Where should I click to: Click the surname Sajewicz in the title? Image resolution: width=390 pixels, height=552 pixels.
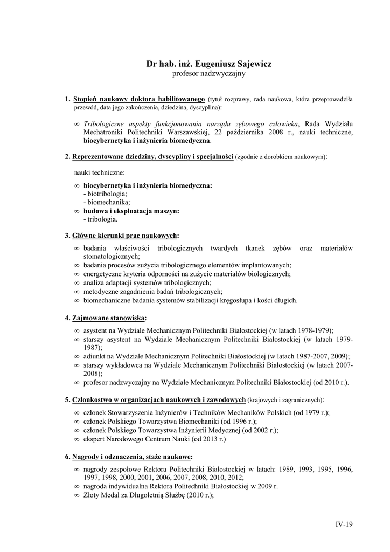point(251,64)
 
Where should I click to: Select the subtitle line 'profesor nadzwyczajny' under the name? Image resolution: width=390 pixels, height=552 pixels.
point(208,73)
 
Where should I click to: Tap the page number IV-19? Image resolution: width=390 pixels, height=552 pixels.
point(343,523)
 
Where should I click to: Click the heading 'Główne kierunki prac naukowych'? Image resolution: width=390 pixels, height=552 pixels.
point(125,236)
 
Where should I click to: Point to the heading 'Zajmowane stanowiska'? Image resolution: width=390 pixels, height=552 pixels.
point(108,318)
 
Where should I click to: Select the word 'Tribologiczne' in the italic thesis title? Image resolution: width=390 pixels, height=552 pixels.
point(108,123)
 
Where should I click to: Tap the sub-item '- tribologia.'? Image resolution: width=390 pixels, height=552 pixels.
point(100,219)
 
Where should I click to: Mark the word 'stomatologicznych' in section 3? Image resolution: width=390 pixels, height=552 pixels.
point(111,257)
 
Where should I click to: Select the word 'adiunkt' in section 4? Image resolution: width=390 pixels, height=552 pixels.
point(95,356)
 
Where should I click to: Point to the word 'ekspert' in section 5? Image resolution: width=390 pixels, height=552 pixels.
point(94,439)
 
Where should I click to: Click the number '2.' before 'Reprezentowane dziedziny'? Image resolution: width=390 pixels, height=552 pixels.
point(68,157)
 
